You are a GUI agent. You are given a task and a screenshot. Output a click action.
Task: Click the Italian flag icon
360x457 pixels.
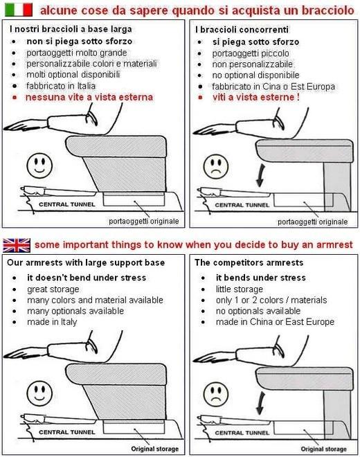(x=19, y=10)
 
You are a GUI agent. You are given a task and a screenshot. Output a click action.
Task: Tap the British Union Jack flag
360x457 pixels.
(x=17, y=245)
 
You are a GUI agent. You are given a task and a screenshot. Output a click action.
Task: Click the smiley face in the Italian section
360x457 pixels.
(x=39, y=166)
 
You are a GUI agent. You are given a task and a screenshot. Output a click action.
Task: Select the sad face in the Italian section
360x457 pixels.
(x=216, y=166)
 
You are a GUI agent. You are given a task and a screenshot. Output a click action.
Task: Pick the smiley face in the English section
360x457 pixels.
(x=39, y=393)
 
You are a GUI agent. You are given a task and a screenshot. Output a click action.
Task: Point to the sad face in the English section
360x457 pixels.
(x=216, y=394)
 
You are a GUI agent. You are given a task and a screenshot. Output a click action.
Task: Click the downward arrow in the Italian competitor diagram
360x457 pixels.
(x=260, y=175)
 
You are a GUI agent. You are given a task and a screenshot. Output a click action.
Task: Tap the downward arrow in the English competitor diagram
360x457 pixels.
(x=260, y=403)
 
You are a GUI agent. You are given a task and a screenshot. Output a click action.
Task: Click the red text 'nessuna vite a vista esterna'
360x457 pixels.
(x=89, y=97)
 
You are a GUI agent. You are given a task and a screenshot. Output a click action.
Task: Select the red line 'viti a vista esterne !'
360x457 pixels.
(x=256, y=97)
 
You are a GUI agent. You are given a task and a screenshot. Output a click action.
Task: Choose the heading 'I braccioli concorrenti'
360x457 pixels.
(x=242, y=30)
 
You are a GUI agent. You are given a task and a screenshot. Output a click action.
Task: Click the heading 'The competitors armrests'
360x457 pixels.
(x=249, y=262)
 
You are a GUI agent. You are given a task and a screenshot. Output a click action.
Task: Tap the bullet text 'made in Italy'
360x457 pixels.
(x=52, y=322)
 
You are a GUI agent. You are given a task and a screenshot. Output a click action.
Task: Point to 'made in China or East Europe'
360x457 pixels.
(x=275, y=322)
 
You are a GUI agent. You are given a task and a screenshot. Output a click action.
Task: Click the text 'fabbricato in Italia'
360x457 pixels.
(x=61, y=86)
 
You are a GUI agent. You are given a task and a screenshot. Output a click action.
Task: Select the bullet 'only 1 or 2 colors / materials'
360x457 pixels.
(x=271, y=301)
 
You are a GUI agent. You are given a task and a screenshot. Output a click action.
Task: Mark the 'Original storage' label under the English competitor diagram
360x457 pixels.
(x=323, y=449)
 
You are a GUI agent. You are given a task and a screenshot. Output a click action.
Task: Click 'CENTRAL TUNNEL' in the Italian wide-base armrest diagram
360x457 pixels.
(x=67, y=204)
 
